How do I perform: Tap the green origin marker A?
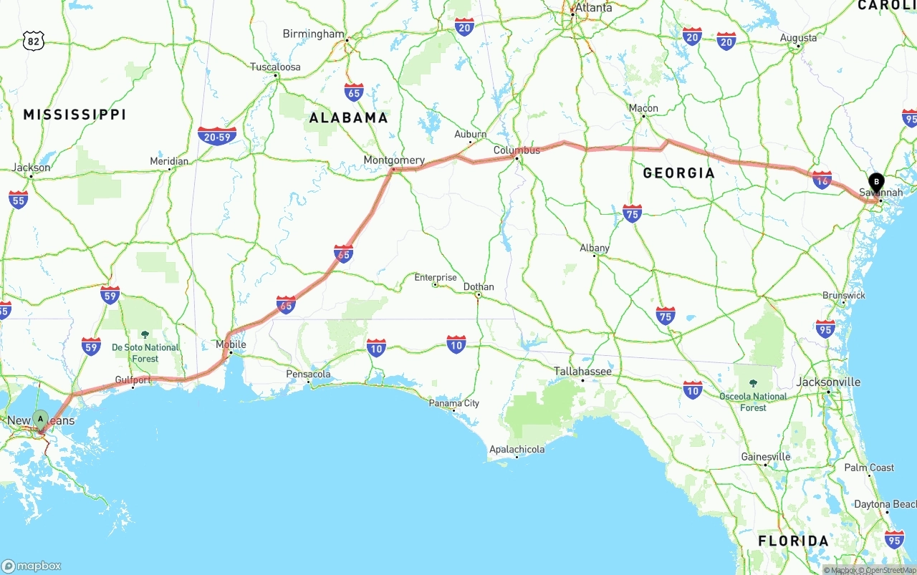coord(41,418)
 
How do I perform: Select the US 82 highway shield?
coord(33,41)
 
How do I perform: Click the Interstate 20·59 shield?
coord(217,135)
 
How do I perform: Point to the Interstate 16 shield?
coord(822,180)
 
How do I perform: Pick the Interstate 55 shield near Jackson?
coord(19,199)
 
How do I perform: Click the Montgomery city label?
coord(394,160)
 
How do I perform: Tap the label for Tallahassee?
coord(582,371)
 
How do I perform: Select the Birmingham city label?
coord(314,34)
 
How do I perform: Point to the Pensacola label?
coord(309,374)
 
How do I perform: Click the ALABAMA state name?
coord(348,117)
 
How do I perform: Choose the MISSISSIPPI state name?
coord(75,115)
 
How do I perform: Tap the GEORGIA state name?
coord(678,173)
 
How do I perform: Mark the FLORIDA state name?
coord(793,541)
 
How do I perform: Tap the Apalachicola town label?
coord(517,450)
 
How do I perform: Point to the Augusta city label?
coord(798,38)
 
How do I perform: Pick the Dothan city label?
coord(479,286)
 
